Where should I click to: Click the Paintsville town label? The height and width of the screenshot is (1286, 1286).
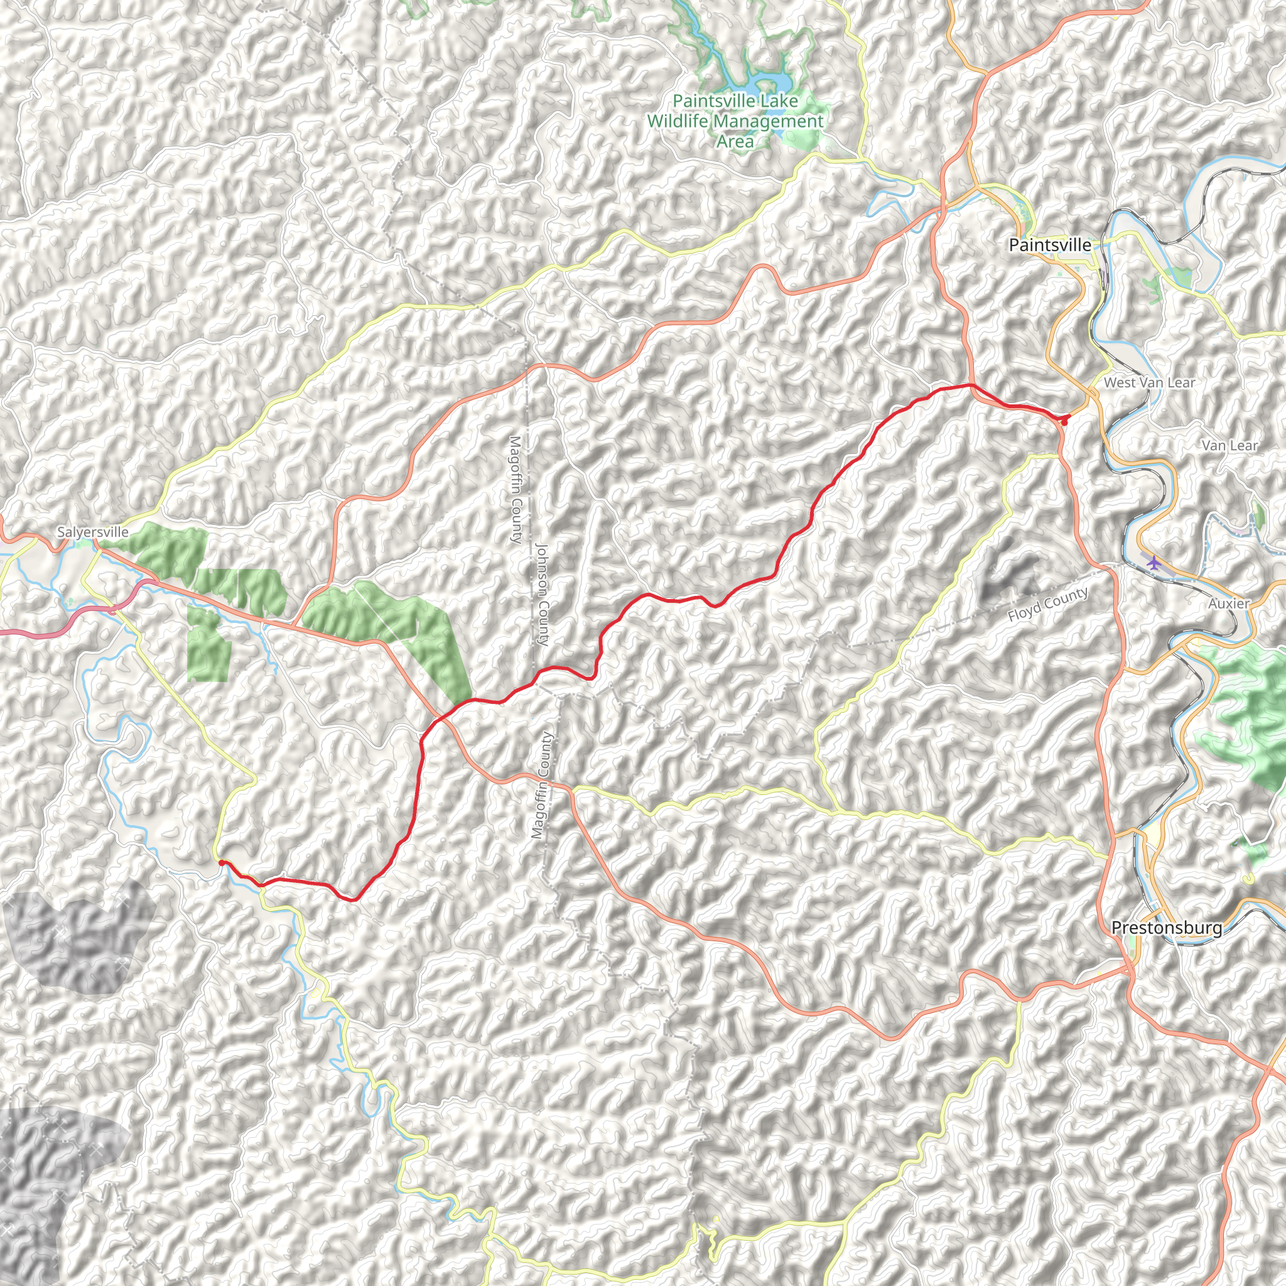click(1050, 245)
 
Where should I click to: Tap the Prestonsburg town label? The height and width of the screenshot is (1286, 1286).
click(1166, 927)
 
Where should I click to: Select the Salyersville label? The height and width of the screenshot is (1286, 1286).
click(92, 532)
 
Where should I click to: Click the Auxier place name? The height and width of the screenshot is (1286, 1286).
click(1229, 603)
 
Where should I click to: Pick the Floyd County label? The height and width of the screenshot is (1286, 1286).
click(1048, 603)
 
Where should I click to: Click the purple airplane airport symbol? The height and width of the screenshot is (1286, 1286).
click(1153, 563)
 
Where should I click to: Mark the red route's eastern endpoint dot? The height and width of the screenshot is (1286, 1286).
click(1064, 421)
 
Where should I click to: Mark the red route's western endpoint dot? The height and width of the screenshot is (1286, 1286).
click(221, 863)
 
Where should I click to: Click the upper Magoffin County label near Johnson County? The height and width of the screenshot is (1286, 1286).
click(514, 489)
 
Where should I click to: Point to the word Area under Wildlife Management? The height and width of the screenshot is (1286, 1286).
click(735, 141)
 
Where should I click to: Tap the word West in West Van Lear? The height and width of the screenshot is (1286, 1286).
click(1119, 383)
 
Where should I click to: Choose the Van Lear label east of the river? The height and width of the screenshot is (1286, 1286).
click(1229, 445)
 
